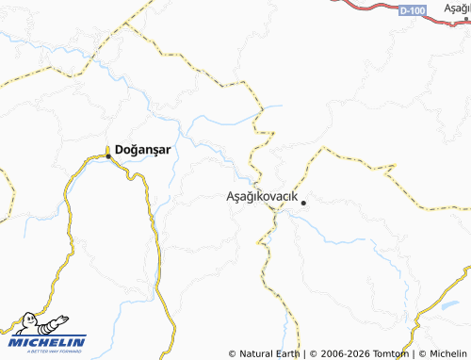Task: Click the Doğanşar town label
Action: click(x=143, y=149)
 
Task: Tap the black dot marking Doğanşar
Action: click(x=108, y=149)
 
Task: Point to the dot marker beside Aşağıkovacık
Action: click(x=303, y=201)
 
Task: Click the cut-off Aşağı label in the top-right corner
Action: click(x=454, y=6)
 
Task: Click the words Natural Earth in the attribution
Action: click(x=270, y=353)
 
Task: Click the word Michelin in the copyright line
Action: click(x=448, y=353)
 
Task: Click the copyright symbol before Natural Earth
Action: click(x=233, y=353)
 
